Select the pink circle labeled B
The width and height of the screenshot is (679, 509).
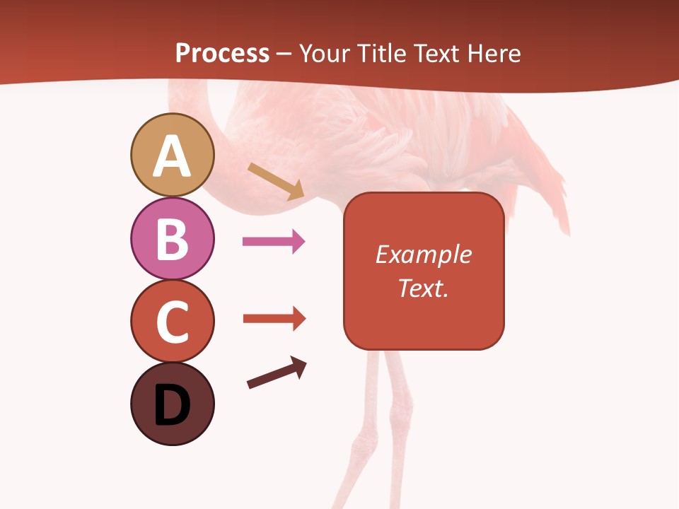coord(172,239)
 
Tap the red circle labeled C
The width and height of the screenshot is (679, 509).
coord(172,321)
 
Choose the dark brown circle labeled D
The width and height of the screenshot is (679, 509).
coord(172,404)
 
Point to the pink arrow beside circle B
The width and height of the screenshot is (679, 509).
coord(274,242)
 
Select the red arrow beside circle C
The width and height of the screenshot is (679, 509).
coord(274,319)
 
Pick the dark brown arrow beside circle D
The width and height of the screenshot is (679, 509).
coord(277,373)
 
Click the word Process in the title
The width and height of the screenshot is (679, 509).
coord(222,54)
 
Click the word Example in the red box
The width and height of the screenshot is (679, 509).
coord(424,255)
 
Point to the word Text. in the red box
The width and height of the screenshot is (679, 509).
coord(424,288)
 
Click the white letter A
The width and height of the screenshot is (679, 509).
coord(172,157)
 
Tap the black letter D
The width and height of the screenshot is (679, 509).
coord(172,406)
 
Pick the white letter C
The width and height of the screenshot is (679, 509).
coord(172,322)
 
